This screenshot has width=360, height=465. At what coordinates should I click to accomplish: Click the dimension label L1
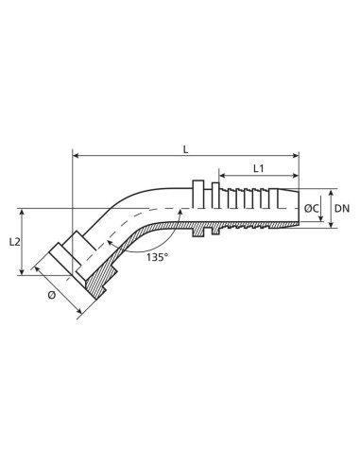click(x=257, y=167)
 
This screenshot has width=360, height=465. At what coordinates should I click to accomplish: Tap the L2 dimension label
click(x=14, y=242)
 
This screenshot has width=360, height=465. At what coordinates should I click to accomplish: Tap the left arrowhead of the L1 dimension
click(x=224, y=176)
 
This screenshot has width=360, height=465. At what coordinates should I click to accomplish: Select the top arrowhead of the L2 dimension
click(x=26, y=212)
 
